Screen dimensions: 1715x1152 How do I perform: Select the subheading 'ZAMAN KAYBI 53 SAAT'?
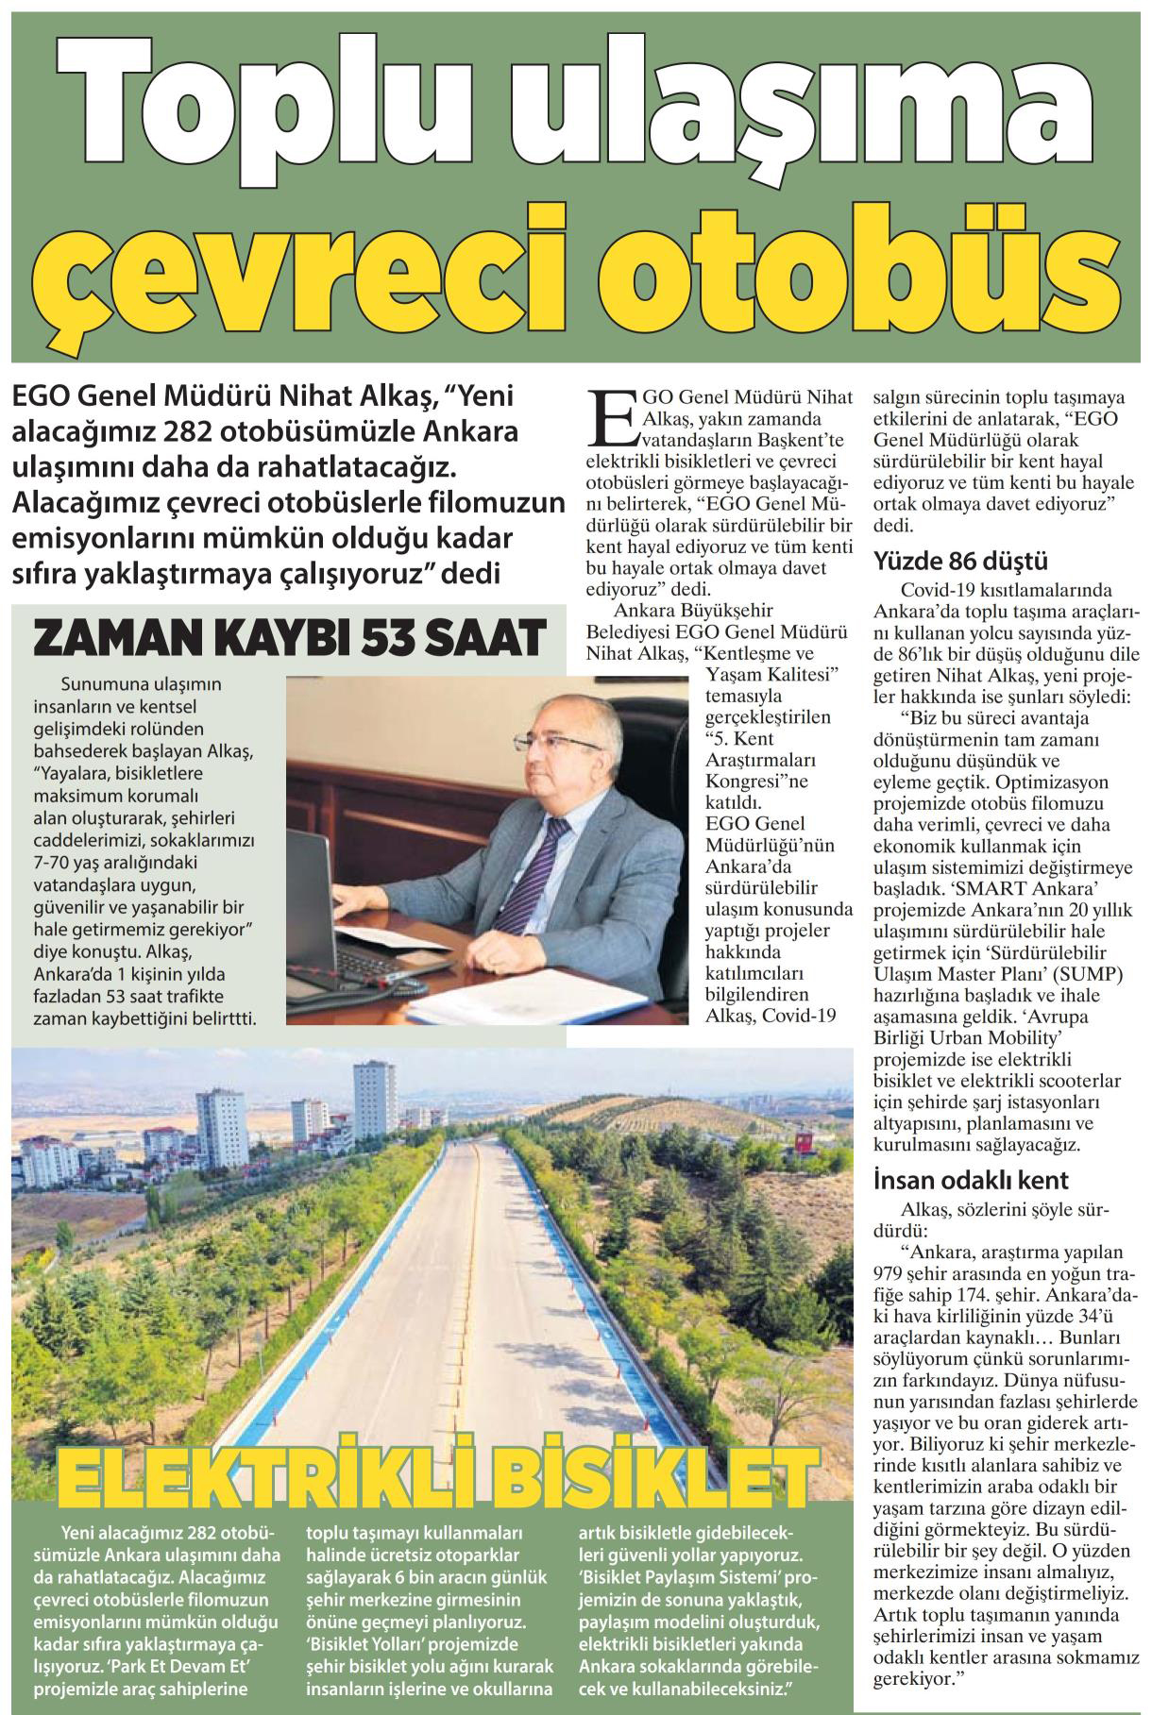pos(290,637)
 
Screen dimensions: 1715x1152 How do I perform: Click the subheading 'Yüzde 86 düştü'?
pos(961,563)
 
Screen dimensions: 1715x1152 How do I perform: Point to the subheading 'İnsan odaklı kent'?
pos(972,1180)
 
